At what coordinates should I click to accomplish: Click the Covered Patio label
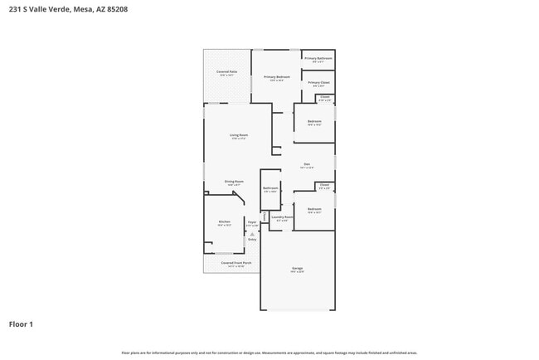pos(227,72)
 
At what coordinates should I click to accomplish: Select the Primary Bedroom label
pos(276,77)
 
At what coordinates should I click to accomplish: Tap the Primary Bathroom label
pos(318,58)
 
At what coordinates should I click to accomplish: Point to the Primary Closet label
pos(318,82)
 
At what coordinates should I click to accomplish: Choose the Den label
pos(306,164)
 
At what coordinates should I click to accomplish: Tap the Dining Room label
pos(234,181)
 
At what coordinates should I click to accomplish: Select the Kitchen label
pos(224,221)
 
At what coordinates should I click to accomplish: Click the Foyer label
pos(251,221)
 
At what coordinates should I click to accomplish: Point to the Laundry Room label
pos(282,217)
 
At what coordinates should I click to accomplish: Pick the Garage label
pos(297,268)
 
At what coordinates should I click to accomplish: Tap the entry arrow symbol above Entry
pos(252,233)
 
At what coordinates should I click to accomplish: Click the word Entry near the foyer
pos(252,240)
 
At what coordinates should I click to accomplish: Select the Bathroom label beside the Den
pos(270,188)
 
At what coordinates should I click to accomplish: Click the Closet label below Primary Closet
pos(324,97)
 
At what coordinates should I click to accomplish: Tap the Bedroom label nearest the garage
pos(314,208)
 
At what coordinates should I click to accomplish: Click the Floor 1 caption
pos(21,324)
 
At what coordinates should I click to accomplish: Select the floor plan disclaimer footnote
pos(269,353)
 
